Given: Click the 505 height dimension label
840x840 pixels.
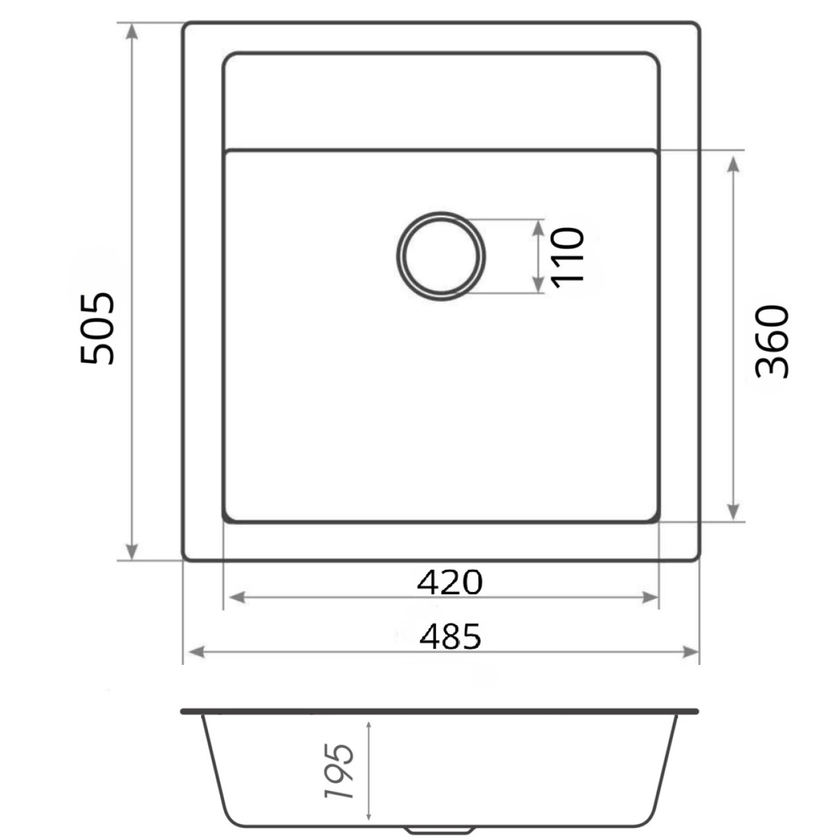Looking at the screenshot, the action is pos(97,328).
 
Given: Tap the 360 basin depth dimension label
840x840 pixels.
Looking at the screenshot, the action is pos(772,341).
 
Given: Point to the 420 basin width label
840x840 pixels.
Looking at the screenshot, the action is pos(450,582).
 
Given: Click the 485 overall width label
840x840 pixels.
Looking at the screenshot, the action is pos(450,636).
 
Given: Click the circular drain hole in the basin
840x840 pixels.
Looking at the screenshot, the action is pos(441,257).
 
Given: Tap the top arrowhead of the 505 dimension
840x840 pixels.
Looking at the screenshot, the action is pos(132,32).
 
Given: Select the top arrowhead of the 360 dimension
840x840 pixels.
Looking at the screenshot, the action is pos(733,164).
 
